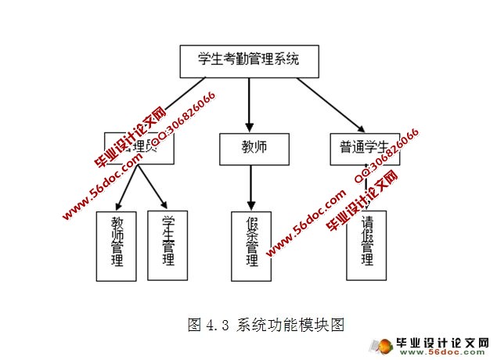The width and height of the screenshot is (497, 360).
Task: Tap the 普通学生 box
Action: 364,147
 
